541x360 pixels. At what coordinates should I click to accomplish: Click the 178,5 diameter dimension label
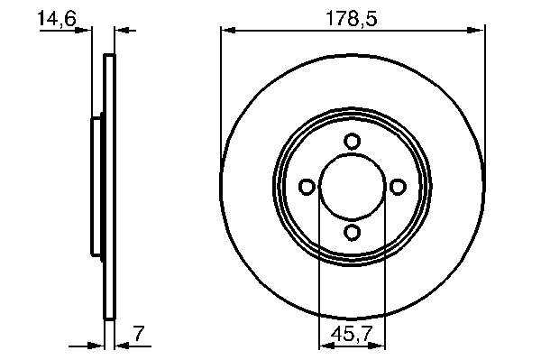click(352, 18)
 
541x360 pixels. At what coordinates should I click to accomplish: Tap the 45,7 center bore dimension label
click(352, 334)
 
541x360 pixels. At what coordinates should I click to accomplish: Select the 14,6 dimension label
click(57, 18)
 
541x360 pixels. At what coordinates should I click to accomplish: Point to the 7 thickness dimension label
click(139, 334)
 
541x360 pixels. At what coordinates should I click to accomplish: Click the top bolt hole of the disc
click(352, 142)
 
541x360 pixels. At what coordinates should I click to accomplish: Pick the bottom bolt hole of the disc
click(352, 232)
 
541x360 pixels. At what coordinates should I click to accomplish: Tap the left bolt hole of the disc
click(307, 187)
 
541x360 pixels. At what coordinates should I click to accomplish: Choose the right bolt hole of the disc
click(398, 187)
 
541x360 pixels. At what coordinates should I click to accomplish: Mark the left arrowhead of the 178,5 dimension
click(228, 31)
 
